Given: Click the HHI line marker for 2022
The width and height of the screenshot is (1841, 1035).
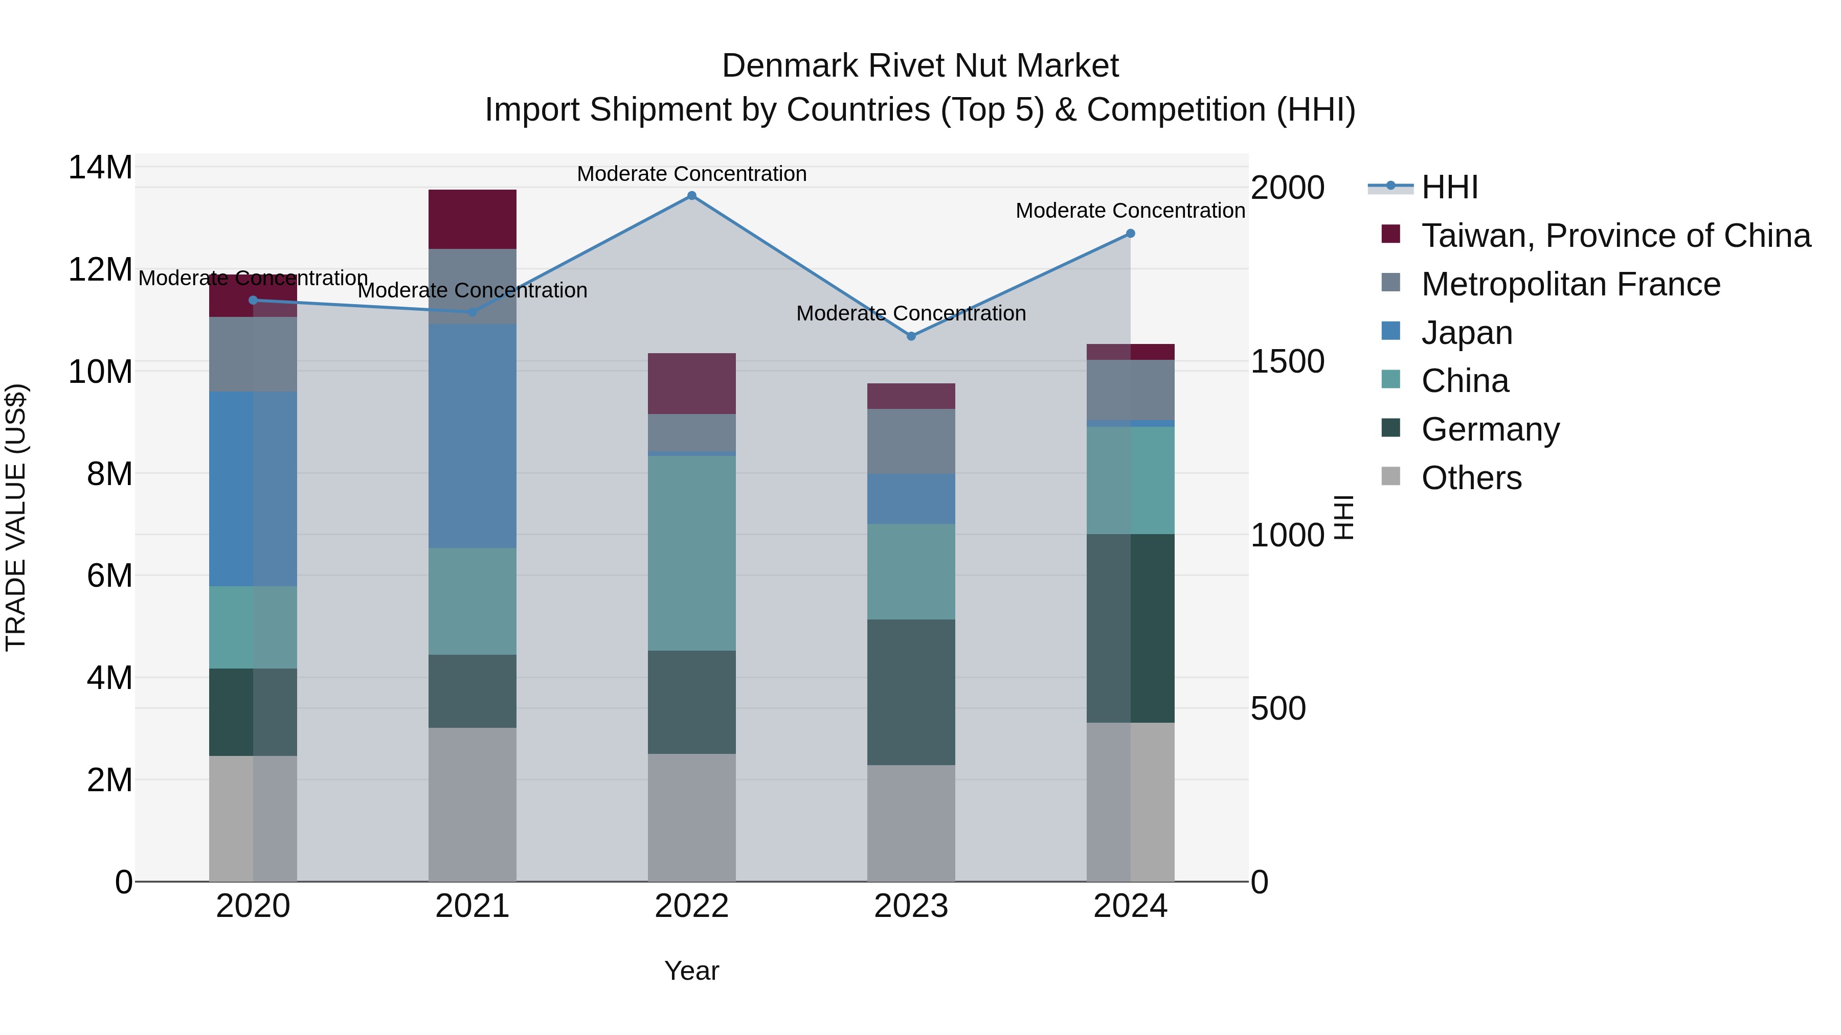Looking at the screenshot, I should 691,196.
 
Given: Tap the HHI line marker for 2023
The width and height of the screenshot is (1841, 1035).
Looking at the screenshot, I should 910,336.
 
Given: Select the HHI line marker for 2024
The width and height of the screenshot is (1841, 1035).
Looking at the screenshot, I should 1130,234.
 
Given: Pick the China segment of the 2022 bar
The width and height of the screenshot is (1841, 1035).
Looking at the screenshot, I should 691,553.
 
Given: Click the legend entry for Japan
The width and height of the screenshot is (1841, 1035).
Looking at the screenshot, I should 1467,333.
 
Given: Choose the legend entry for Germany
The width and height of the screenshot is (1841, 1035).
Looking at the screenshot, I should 1490,429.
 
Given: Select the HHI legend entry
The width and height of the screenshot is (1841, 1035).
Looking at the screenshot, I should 1449,187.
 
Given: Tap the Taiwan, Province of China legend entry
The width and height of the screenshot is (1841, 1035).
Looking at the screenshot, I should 1615,236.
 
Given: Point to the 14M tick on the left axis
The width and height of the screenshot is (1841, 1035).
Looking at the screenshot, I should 100,168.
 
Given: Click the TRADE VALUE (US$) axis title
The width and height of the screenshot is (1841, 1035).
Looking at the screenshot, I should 16,517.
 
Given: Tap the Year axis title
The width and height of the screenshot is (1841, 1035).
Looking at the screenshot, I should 691,971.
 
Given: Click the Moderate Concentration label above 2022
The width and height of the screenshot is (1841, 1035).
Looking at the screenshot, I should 691,174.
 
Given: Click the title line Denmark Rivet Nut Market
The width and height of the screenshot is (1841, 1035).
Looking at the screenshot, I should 920,66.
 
